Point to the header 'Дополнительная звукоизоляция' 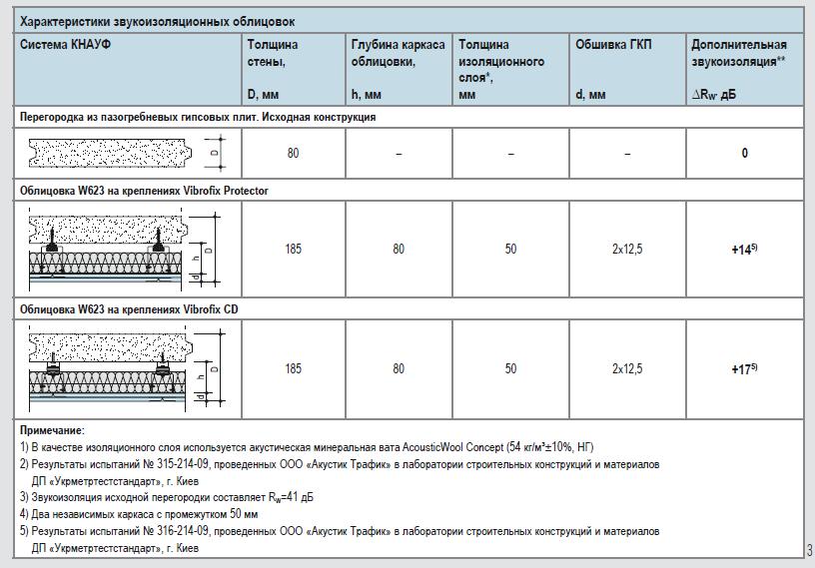(x=739, y=53)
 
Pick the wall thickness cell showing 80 (x=293, y=154)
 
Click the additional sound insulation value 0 (x=745, y=154)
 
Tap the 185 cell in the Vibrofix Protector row (x=293, y=249)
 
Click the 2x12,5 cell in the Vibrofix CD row (x=627, y=369)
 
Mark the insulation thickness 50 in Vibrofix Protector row (x=510, y=249)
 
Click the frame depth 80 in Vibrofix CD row (x=399, y=369)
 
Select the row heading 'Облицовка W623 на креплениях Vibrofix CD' (x=129, y=309)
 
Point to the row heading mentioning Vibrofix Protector (x=144, y=190)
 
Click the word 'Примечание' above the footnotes (x=52, y=430)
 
